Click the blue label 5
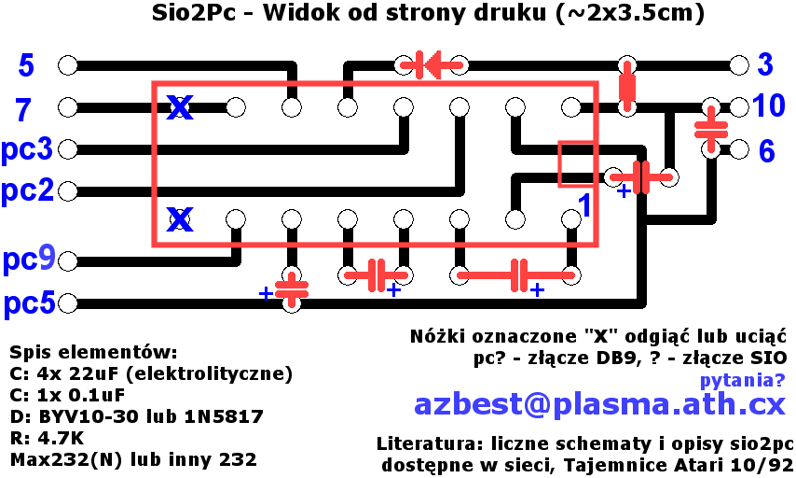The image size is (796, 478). pyautogui.click(x=26, y=65)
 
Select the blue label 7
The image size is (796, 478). pyautogui.click(x=24, y=109)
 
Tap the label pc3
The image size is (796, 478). pyautogui.click(x=27, y=149)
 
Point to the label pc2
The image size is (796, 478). pyautogui.click(x=27, y=191)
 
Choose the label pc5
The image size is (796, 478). pyautogui.click(x=28, y=303)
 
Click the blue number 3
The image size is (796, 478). pyautogui.click(x=765, y=65)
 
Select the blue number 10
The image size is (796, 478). pyautogui.click(x=769, y=105)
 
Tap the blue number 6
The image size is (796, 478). pyautogui.click(x=766, y=151)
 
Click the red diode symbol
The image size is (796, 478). pyautogui.click(x=431, y=64)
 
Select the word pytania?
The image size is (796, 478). pyautogui.click(x=742, y=380)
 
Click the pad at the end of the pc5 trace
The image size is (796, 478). pyautogui.click(x=67, y=303)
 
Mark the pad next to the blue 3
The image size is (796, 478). pyautogui.click(x=739, y=65)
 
